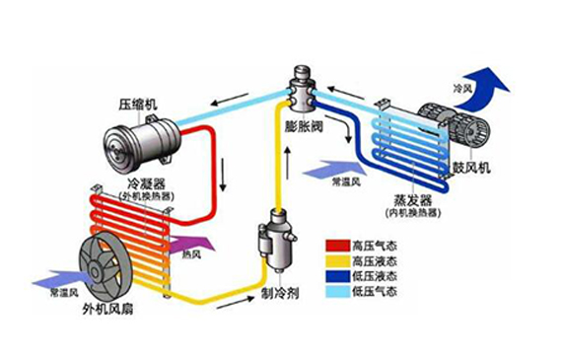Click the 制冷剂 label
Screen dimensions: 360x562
point(282,293)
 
